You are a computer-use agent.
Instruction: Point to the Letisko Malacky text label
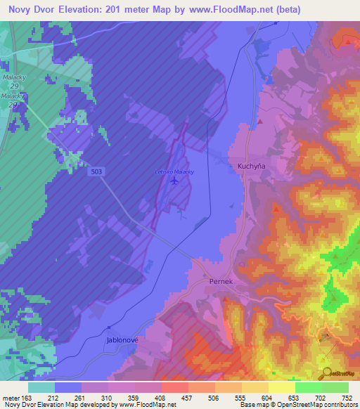click(174, 171)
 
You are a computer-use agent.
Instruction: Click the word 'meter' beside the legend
click(11, 397)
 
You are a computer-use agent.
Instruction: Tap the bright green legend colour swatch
click(308, 387)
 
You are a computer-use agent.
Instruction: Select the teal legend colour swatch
click(41, 387)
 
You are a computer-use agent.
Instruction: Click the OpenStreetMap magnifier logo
click(325, 372)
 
